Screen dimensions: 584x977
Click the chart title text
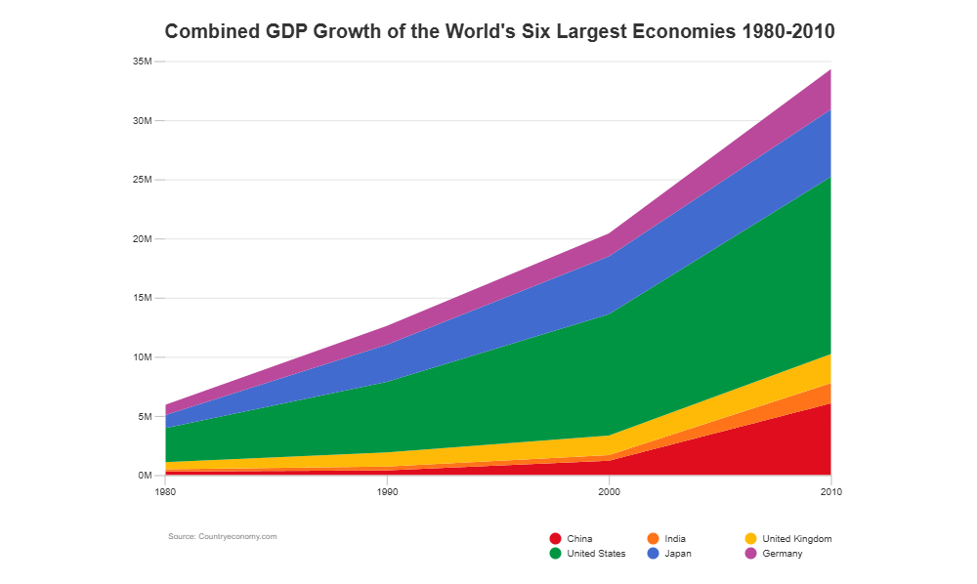point(499,31)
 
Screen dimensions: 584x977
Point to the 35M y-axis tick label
point(143,62)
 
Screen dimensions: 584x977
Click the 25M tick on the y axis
point(143,180)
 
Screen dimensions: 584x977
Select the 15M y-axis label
point(143,298)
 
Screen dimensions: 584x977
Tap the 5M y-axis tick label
point(145,416)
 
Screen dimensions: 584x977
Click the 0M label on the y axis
point(145,476)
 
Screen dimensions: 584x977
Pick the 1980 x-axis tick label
point(165,492)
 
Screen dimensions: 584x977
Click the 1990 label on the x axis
point(387,492)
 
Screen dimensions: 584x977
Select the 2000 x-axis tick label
point(610,492)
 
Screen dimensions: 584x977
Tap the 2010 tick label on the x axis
point(831,492)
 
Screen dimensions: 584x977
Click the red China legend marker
point(556,538)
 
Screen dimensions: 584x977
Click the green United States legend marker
point(556,554)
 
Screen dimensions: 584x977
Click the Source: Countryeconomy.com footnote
point(223,536)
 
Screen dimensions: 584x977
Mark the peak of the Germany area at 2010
point(830,69)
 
